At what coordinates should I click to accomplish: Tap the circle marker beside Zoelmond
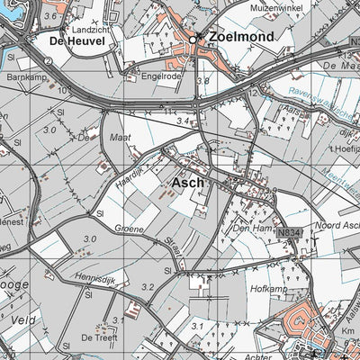(x=193, y=38)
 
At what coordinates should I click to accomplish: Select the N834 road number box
(x=287, y=232)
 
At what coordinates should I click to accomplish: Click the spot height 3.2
(x=148, y=287)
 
